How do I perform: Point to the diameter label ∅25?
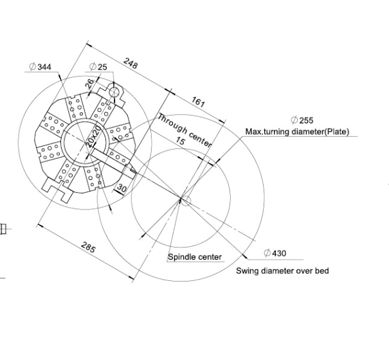99,67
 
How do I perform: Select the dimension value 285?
87,246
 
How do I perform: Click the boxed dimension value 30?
122,188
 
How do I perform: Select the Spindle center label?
195,257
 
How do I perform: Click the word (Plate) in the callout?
336,132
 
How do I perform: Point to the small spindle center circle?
184,201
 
